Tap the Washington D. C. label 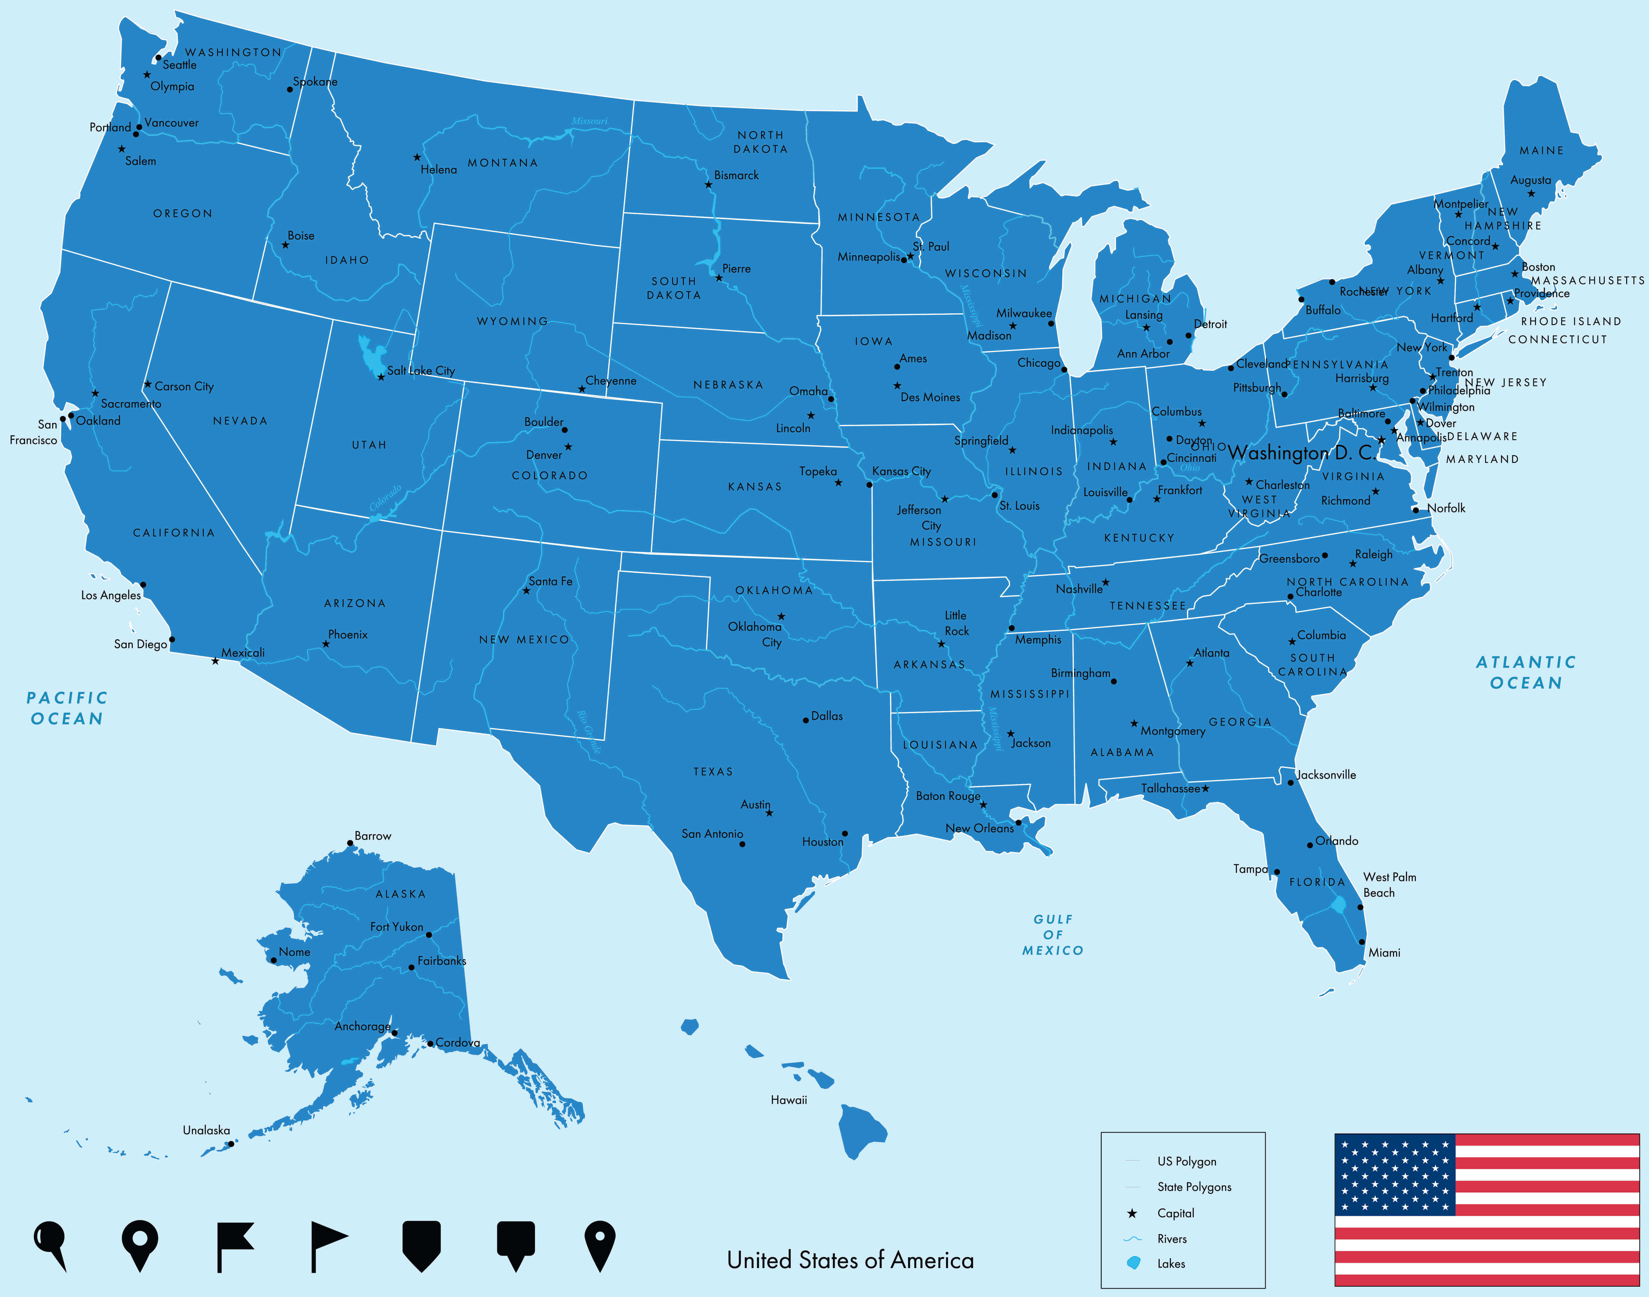tap(1301, 453)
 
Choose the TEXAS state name tap(713, 772)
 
